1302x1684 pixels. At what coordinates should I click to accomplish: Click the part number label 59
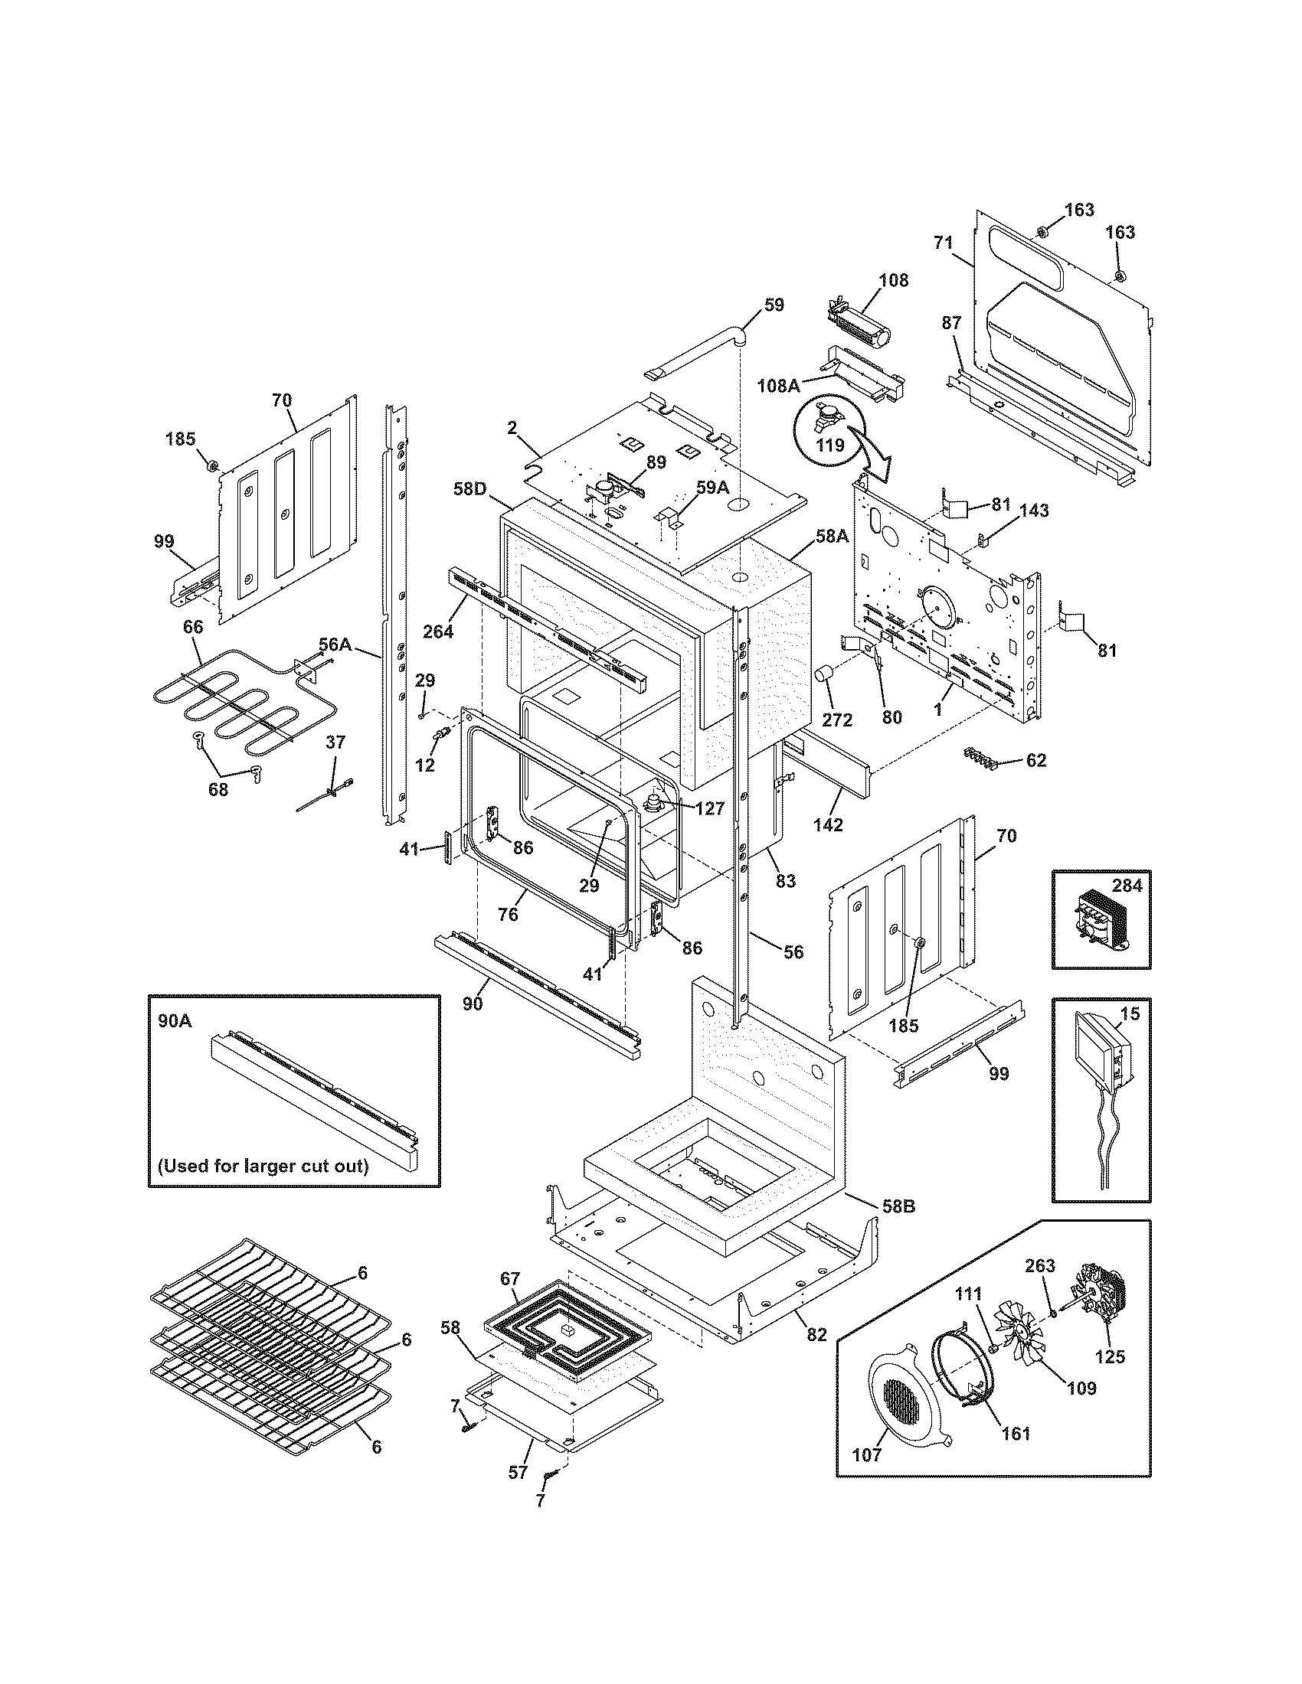click(x=774, y=305)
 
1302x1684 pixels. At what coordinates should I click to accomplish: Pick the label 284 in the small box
click(x=1127, y=885)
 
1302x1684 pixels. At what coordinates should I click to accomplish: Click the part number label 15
click(x=1129, y=1013)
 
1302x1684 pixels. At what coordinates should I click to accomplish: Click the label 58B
click(x=898, y=1206)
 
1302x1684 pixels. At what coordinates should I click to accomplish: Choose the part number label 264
click(x=437, y=631)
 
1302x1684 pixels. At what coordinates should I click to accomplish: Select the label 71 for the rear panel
click(x=944, y=243)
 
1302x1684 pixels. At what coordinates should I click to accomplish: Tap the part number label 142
click(x=828, y=824)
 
